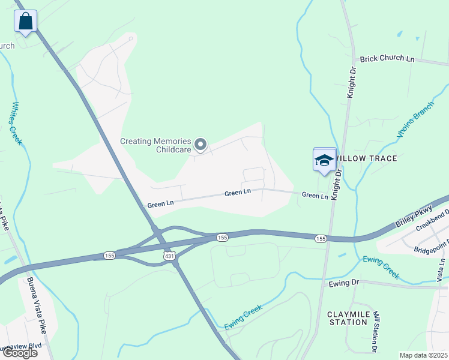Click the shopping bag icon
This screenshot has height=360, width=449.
coord(25,21)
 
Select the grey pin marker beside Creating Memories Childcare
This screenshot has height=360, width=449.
coord(201,145)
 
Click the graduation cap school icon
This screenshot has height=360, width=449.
coord(324,160)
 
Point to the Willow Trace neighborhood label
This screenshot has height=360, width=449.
coord(366,158)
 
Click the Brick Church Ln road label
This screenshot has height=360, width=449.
coord(387,59)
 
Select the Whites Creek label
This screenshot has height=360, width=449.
coord(16,122)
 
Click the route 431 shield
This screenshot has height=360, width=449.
coord(170,256)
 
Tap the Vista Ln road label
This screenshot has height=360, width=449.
coord(442,270)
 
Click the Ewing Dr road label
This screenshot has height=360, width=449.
coord(343,282)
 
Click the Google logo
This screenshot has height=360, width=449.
coord(19,353)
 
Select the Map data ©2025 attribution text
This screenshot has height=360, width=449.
coord(423,355)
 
